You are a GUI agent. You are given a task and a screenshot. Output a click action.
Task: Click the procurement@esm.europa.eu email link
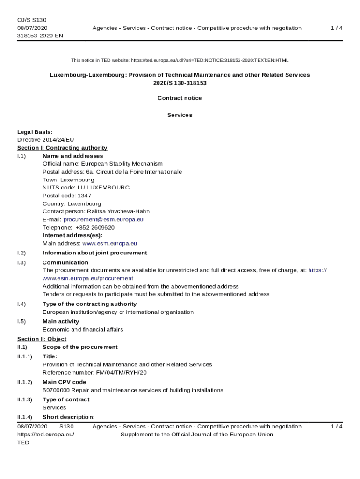coord(103,219)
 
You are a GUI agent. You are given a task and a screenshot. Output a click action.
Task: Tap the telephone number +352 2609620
coord(95,227)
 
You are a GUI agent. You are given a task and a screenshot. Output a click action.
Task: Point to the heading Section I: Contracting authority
coord(62,148)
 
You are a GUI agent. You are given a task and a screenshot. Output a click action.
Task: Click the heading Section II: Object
coord(42,339)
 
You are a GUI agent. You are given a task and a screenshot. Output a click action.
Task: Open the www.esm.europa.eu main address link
coord(109,243)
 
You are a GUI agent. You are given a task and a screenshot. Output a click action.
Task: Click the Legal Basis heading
coord(35,132)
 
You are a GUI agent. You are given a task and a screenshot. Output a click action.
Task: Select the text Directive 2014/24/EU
coord(45,140)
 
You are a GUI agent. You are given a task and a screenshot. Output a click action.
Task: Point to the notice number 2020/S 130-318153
coord(180,83)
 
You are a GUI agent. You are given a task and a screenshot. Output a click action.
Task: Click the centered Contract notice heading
coord(180,98)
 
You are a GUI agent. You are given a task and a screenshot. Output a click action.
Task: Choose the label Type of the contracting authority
coord(89,304)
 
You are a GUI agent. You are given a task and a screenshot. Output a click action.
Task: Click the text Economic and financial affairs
coord(83,330)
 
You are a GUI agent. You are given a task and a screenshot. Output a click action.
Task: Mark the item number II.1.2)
coord(25,382)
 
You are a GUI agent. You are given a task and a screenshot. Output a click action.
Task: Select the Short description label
coord(69,417)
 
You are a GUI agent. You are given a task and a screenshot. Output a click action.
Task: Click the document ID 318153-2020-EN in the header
coord(40,36)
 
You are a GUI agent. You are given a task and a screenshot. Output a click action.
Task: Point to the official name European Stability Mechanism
coord(122,164)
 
